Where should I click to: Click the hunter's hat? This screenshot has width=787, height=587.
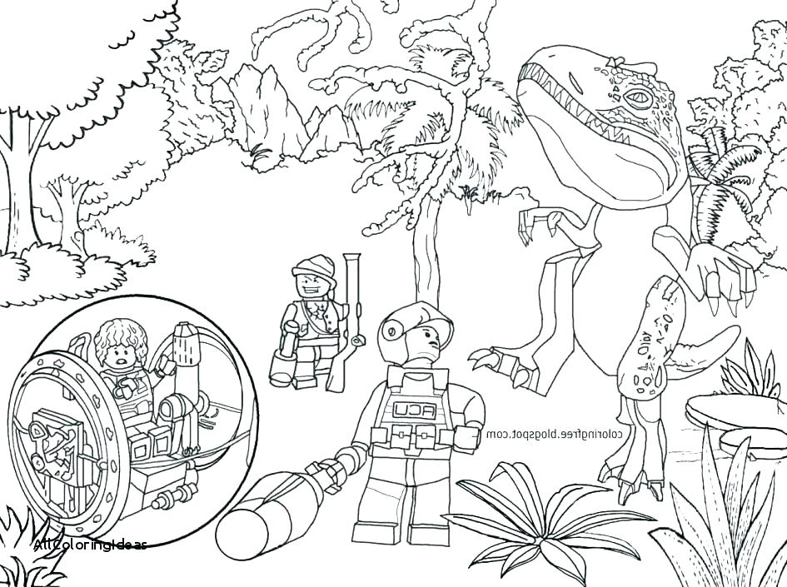click(x=307, y=267)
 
